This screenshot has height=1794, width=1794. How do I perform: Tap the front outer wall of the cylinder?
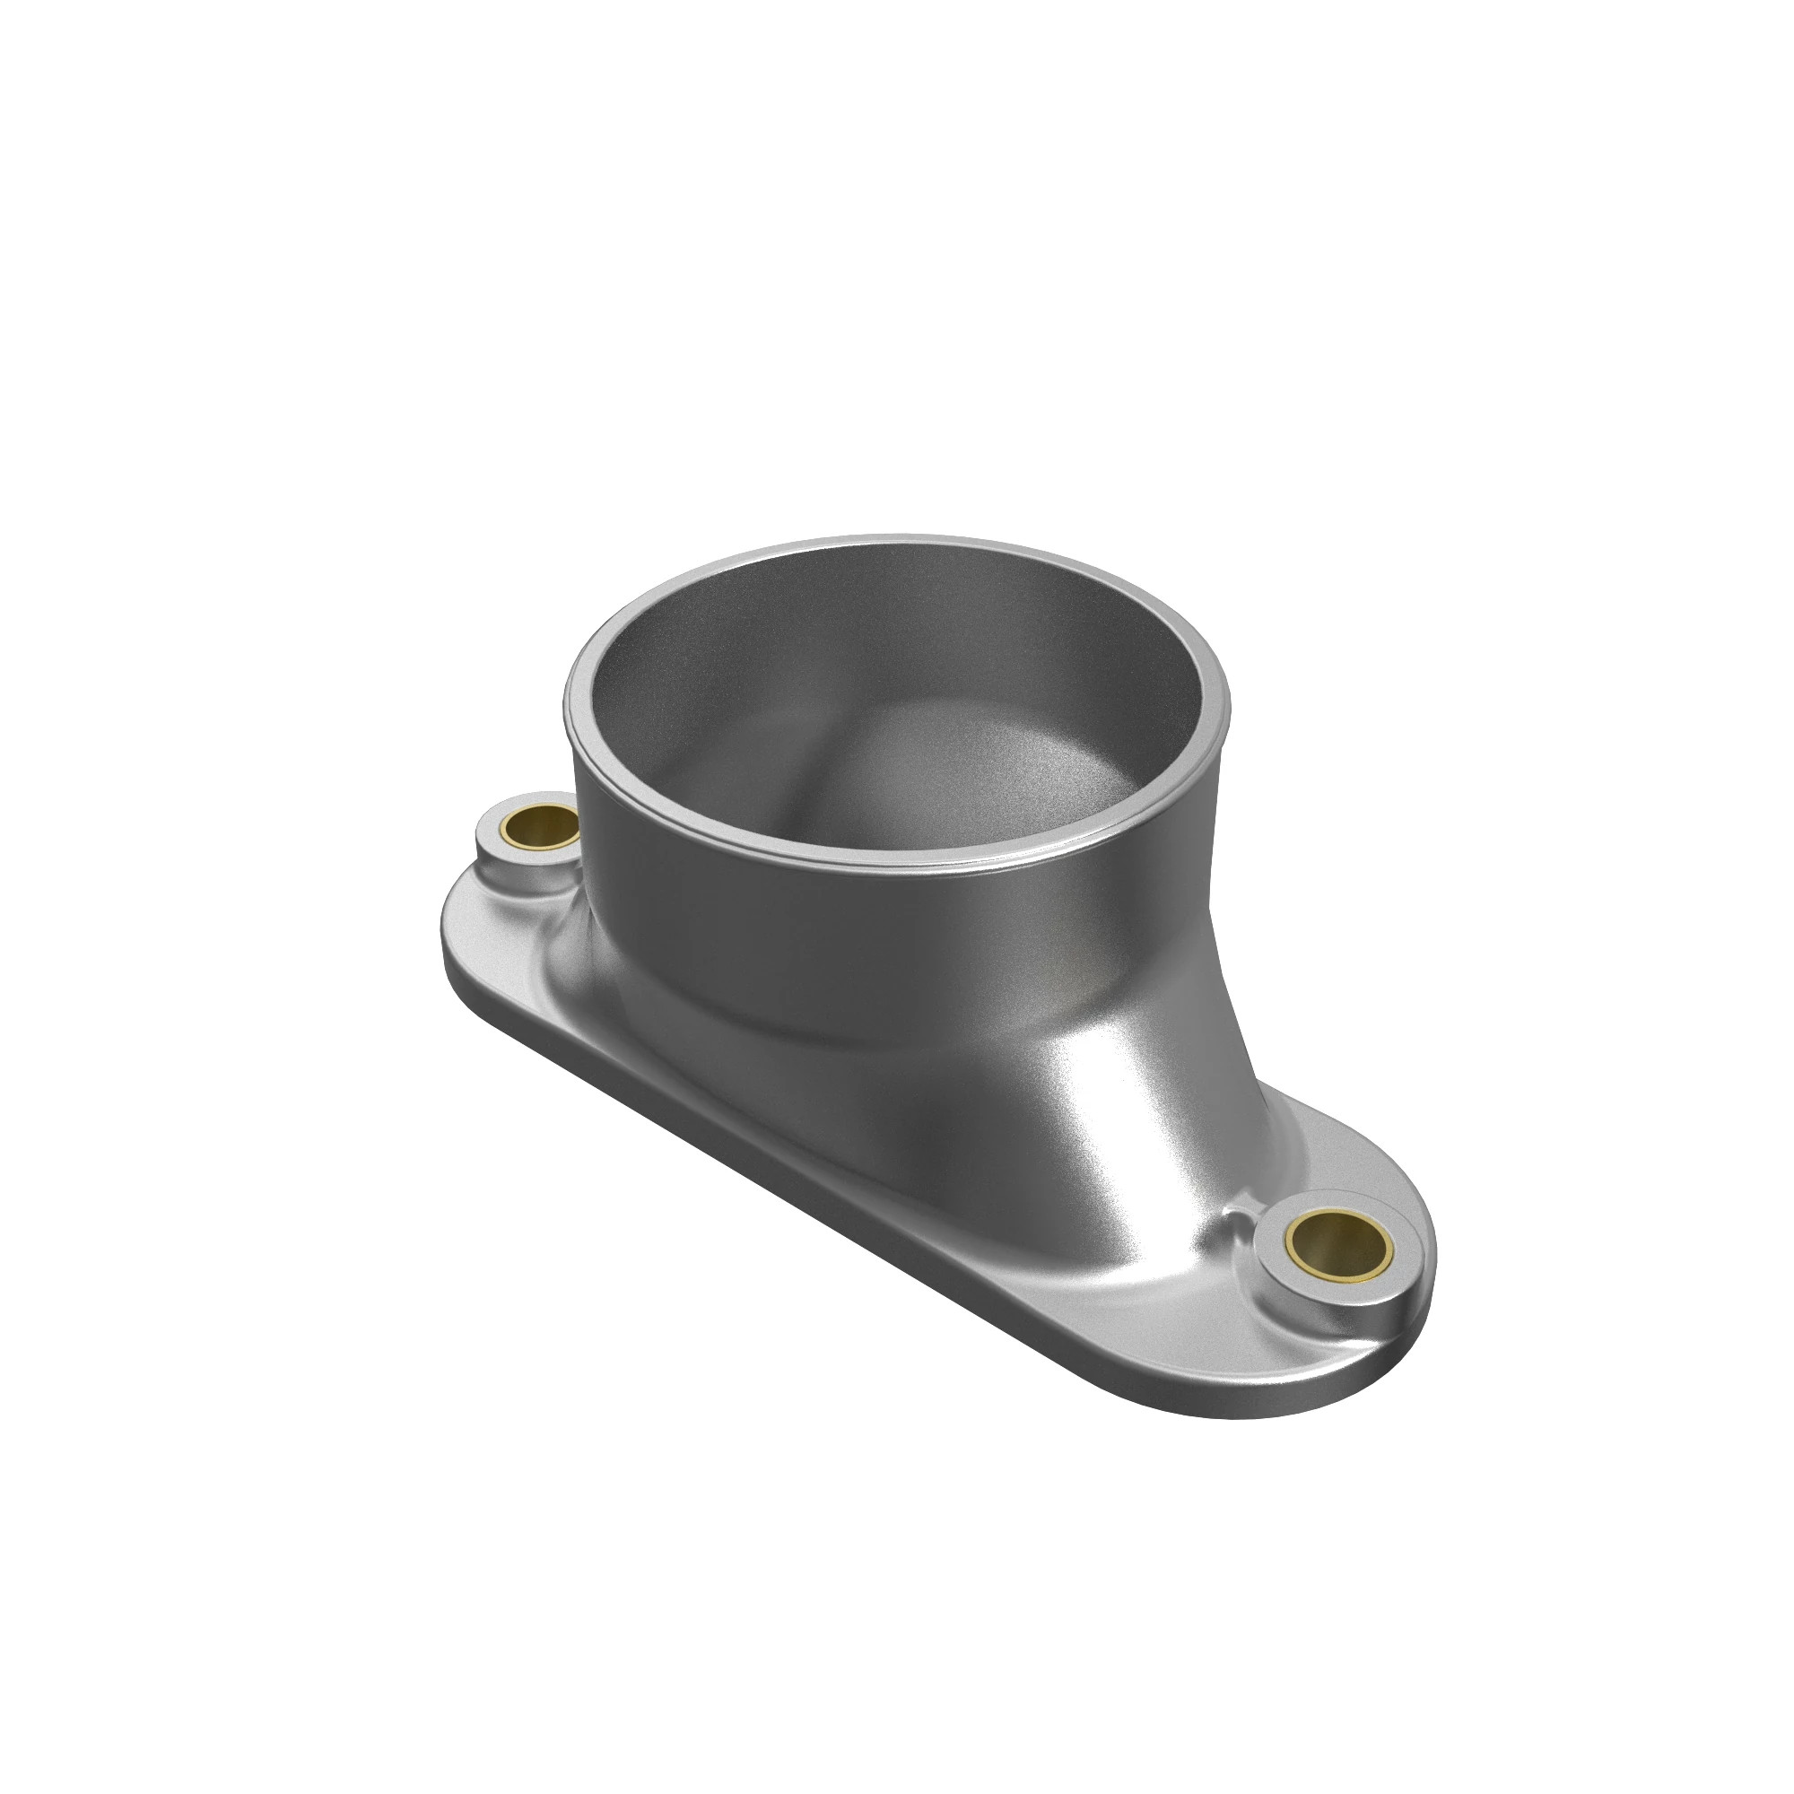(836, 938)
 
